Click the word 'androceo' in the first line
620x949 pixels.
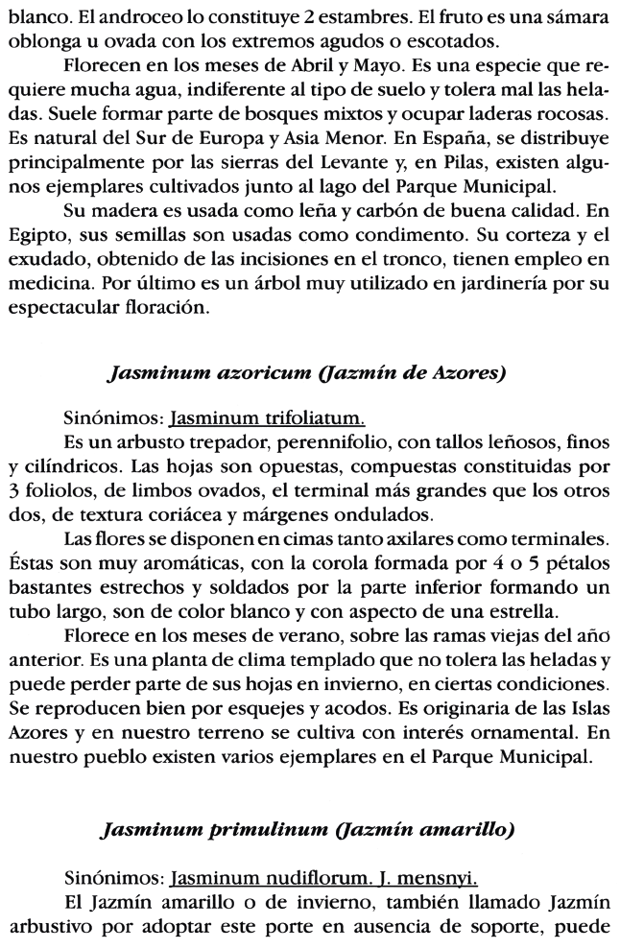[x=140, y=18]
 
